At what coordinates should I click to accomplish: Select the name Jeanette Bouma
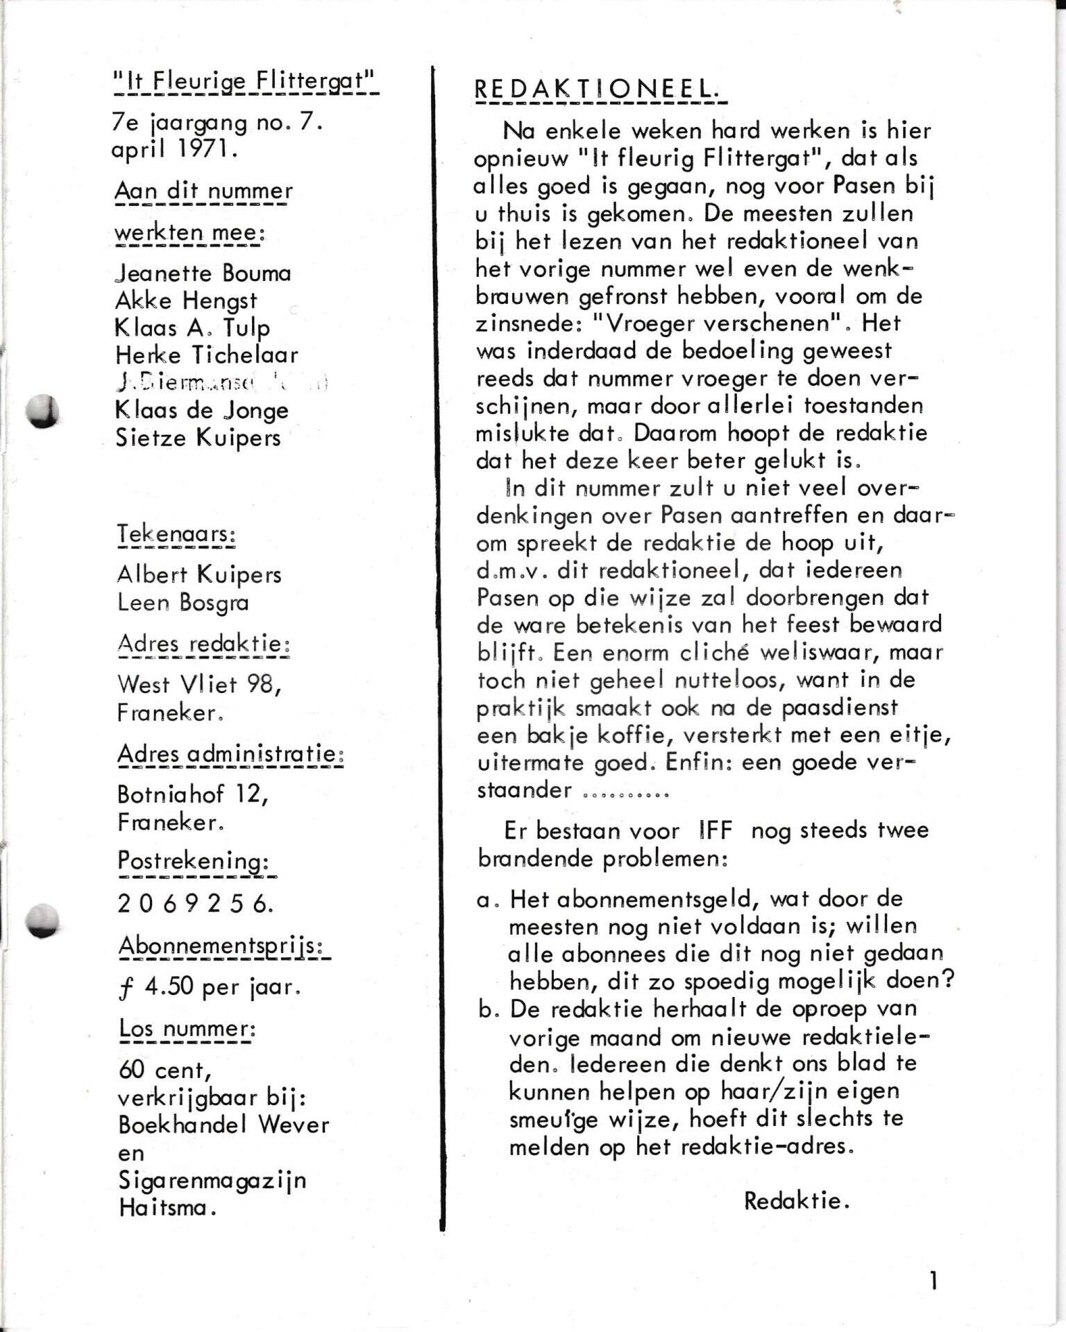[x=203, y=273]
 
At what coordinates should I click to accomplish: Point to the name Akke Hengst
[x=185, y=300]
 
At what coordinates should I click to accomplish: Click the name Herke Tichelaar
[x=206, y=355]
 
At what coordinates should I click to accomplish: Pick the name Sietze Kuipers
[x=198, y=438]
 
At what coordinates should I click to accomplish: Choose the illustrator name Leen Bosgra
[x=183, y=602]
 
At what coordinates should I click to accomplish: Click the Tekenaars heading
[x=176, y=534]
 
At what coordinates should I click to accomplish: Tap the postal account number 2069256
[x=195, y=903]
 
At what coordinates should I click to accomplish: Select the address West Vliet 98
[x=199, y=685]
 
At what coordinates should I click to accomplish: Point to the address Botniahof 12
[x=192, y=794]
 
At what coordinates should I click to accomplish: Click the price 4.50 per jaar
[x=210, y=987]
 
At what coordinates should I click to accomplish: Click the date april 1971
[x=175, y=150]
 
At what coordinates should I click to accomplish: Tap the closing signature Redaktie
[x=797, y=1201]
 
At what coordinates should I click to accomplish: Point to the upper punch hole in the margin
[x=42, y=411]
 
